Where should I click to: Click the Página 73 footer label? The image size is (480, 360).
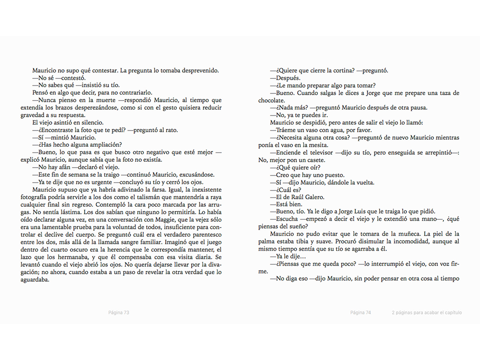[x=119, y=313]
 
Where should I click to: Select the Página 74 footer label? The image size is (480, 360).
[x=360, y=313]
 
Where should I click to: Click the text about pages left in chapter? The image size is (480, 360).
[x=427, y=313]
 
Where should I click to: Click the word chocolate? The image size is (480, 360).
[x=271, y=100]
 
